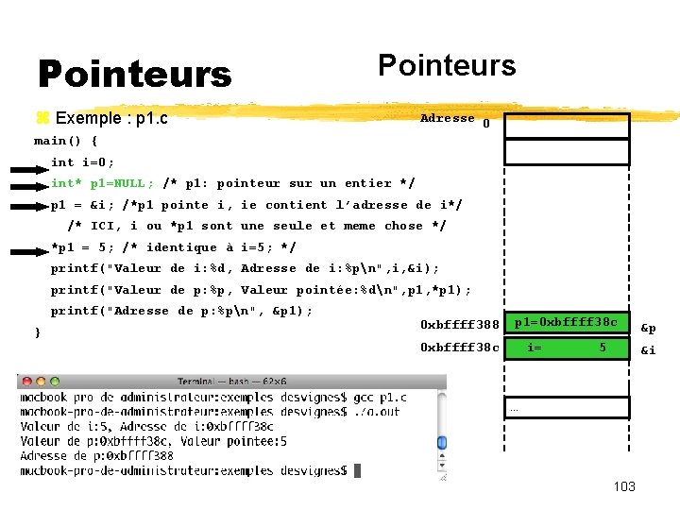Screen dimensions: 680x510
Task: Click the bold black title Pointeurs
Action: tap(134, 74)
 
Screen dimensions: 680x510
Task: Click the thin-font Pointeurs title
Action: tap(447, 65)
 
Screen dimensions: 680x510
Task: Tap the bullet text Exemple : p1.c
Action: tap(111, 118)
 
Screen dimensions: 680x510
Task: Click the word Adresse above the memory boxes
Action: tap(447, 118)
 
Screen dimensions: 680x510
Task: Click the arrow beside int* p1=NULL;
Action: tap(28, 183)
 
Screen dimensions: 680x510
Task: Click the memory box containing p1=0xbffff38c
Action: tap(566, 323)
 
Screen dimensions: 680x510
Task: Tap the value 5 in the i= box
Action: tap(602, 348)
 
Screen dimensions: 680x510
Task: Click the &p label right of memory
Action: tap(649, 328)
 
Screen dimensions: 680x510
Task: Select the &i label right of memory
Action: tap(648, 350)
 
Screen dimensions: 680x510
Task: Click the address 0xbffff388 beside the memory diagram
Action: tap(460, 325)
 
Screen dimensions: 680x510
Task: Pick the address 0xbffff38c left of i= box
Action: tap(460, 348)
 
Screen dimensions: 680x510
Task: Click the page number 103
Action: tap(623, 486)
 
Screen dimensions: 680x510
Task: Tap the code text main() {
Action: tap(66, 141)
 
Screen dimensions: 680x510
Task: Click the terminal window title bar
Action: tap(231, 382)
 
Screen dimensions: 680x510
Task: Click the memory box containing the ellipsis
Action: tap(566, 408)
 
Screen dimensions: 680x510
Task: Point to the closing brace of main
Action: tap(37, 332)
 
